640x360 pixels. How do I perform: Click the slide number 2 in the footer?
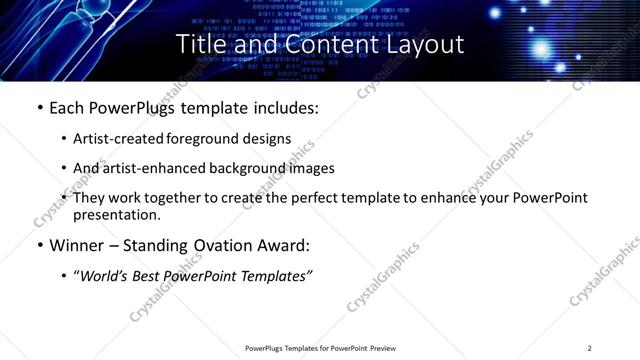point(590,348)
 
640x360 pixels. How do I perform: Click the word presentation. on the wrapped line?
point(117,215)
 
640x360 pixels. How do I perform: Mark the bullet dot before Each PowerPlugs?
point(39,108)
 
